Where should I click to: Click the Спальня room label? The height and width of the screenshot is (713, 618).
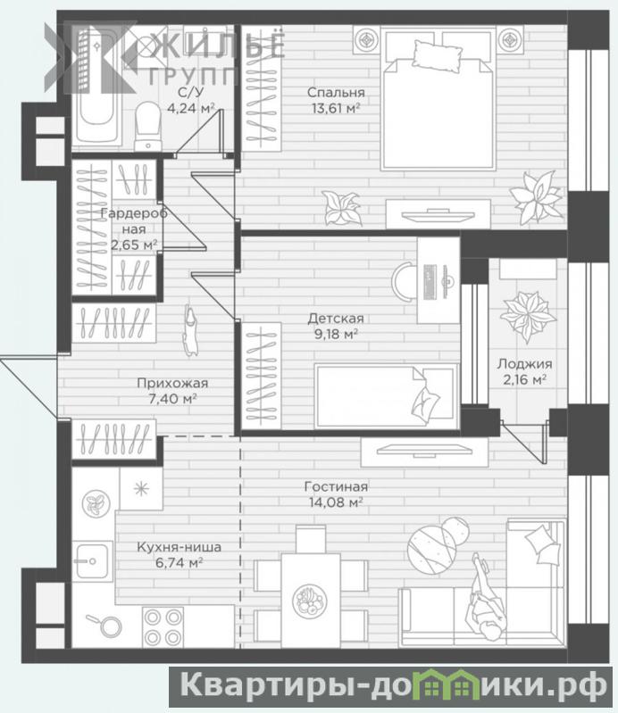click(x=336, y=92)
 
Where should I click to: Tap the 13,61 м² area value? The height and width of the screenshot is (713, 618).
click(x=336, y=108)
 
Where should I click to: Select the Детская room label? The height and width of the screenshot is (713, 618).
click(x=336, y=319)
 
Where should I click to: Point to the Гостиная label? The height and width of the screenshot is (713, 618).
click(x=336, y=486)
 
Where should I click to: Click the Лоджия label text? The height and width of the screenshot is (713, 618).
click(x=524, y=364)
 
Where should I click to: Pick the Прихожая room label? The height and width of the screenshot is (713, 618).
click(x=172, y=384)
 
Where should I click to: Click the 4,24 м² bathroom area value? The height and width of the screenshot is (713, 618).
click(x=191, y=109)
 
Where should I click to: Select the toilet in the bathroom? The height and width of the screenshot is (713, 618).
click(x=148, y=126)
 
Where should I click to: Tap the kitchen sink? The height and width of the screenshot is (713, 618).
click(x=92, y=561)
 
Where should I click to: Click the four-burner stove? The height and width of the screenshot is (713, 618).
click(x=163, y=627)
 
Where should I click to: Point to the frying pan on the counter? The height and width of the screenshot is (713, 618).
click(x=105, y=626)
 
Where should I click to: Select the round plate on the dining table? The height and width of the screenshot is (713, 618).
click(x=310, y=601)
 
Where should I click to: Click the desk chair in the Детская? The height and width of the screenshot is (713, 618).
click(x=404, y=282)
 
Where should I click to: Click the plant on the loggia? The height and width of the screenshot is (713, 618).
click(x=528, y=315)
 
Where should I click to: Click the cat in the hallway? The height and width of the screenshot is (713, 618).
click(x=191, y=329)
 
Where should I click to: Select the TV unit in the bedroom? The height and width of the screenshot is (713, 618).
click(x=438, y=213)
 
